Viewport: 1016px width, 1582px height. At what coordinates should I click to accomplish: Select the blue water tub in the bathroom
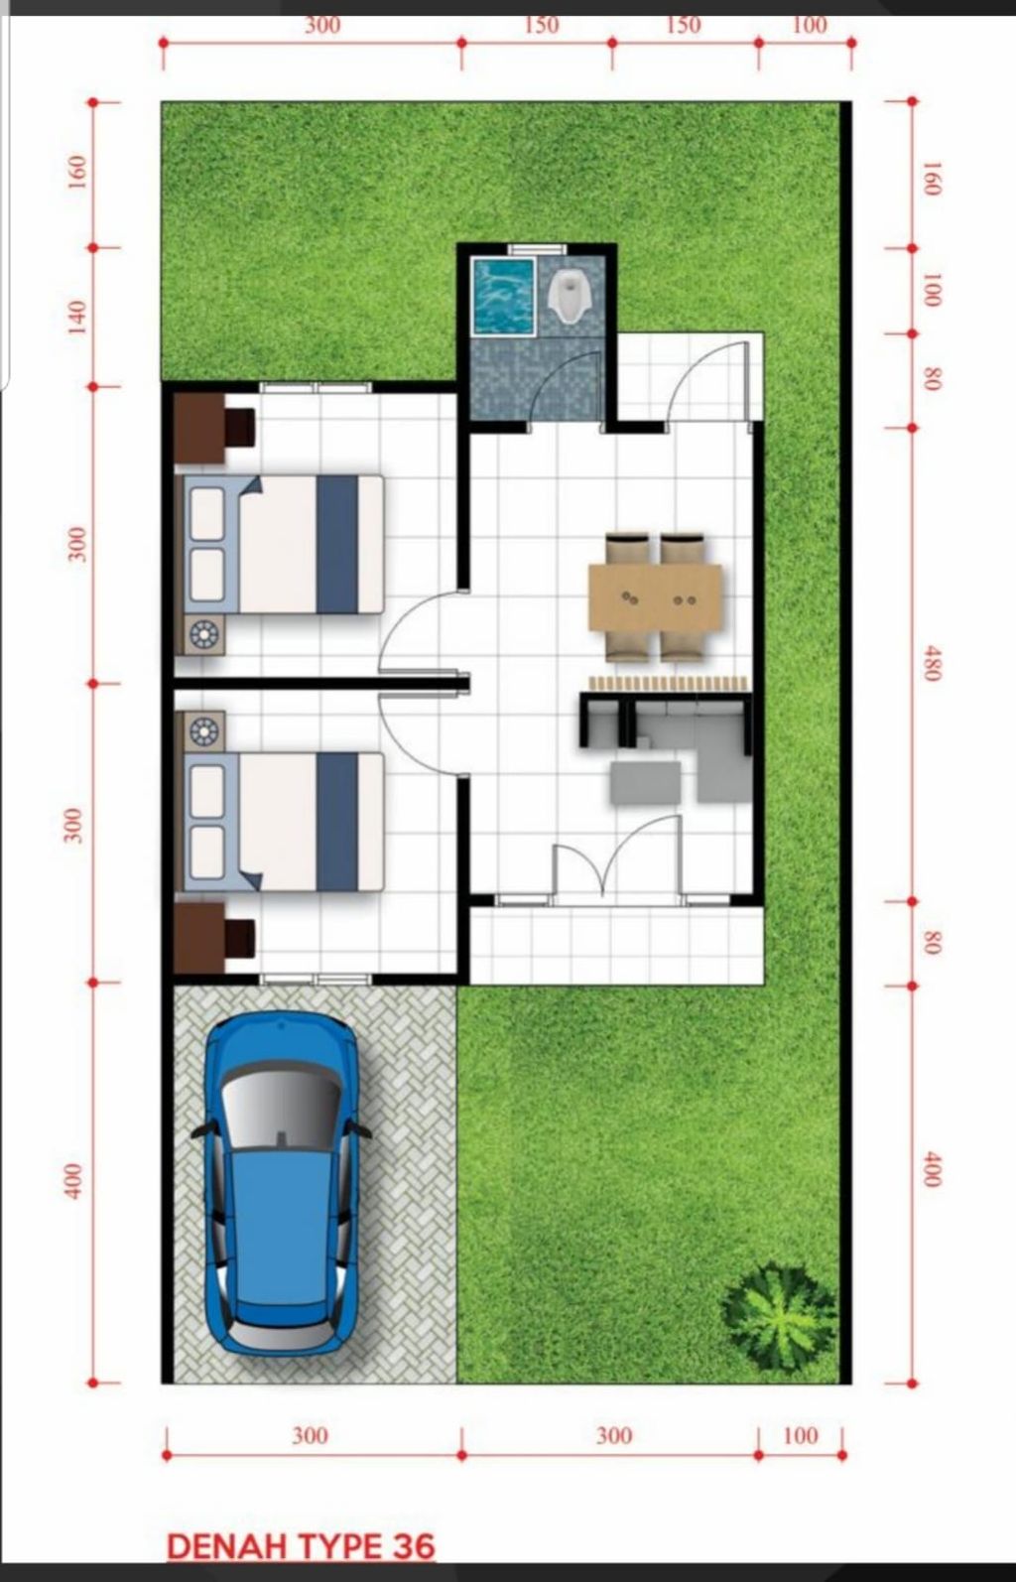click(503, 296)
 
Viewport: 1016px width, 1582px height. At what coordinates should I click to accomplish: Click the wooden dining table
click(655, 596)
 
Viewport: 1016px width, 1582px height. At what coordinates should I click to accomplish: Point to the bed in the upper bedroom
click(284, 544)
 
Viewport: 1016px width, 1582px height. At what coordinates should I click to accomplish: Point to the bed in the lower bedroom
click(284, 822)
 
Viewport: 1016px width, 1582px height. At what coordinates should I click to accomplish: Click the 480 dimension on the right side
click(932, 662)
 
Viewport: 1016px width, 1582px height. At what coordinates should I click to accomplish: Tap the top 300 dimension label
click(321, 26)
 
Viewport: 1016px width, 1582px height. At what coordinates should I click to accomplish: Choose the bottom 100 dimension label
click(800, 1435)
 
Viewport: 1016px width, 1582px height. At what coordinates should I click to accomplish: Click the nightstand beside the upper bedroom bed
click(204, 635)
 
